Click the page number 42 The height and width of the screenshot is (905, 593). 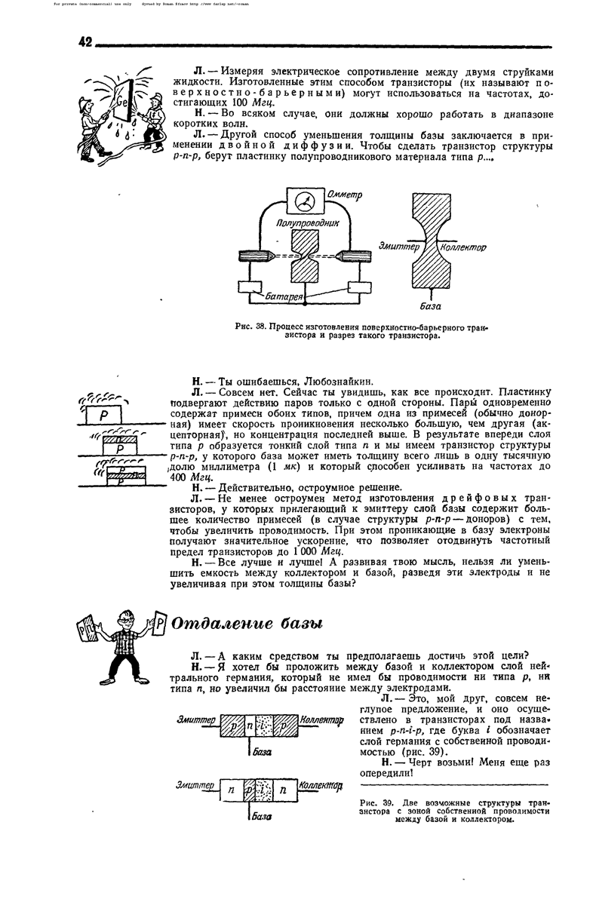[x=84, y=41]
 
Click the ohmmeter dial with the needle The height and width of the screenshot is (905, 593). [x=306, y=201]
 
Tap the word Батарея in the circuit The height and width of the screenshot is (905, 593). [x=285, y=297]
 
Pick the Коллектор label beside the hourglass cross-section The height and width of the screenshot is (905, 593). [x=462, y=247]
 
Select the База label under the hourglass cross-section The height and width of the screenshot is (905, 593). [x=431, y=306]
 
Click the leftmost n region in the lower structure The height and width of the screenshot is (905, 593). [x=229, y=790]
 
